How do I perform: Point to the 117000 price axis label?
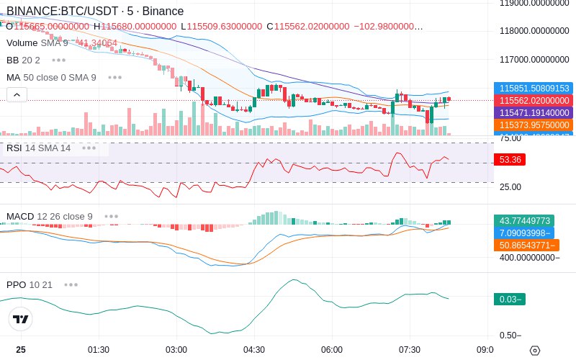[534, 60]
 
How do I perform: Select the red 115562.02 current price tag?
[534, 100]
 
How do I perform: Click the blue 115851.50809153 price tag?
[534, 88]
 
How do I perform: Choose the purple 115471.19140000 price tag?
[534, 112]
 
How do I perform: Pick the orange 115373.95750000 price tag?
[534, 125]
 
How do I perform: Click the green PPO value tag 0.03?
[509, 299]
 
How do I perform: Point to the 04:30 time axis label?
[254, 349]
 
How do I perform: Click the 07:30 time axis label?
[410, 349]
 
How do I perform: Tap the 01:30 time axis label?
[99, 349]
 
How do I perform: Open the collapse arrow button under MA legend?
[17, 94]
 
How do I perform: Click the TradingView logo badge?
[22, 319]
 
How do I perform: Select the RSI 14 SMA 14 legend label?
[39, 148]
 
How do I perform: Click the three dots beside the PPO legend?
[71, 284]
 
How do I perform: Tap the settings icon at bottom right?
[534, 351]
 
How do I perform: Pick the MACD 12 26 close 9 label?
[50, 216]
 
